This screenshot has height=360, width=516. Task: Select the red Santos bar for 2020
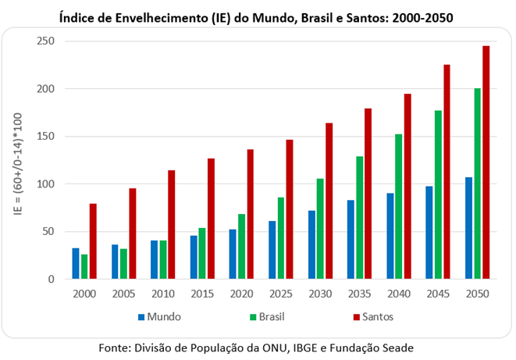point(250,214)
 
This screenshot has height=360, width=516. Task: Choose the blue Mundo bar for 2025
point(272,250)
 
